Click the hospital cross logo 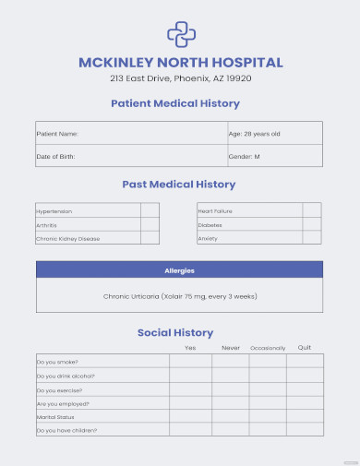coord(180,34)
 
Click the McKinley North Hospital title coord(180,63)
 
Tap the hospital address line coord(180,79)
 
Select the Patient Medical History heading coord(175,103)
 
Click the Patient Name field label coord(57,134)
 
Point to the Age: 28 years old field coord(254,134)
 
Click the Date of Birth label coord(55,156)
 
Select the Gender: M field coord(244,156)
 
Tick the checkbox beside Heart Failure coord(313,211)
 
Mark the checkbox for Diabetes coord(313,224)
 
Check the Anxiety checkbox coord(313,238)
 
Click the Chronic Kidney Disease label coord(67,238)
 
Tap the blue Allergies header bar coord(180,270)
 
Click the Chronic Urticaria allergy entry coord(180,296)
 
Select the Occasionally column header coord(268,348)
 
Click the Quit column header coord(305,348)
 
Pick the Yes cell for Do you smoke coord(190,362)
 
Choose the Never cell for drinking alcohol coord(231,376)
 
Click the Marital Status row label coord(54,416)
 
